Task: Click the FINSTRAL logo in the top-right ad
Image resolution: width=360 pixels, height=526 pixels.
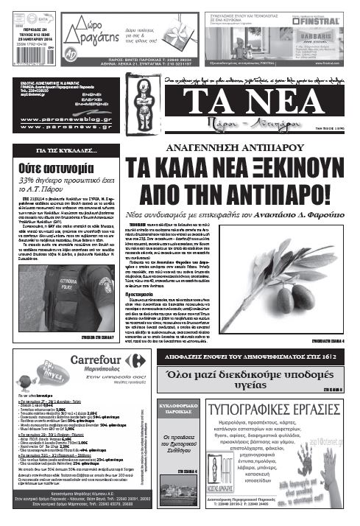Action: click(320, 21)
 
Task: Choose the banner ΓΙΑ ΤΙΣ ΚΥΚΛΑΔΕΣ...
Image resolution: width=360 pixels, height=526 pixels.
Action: click(67, 150)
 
